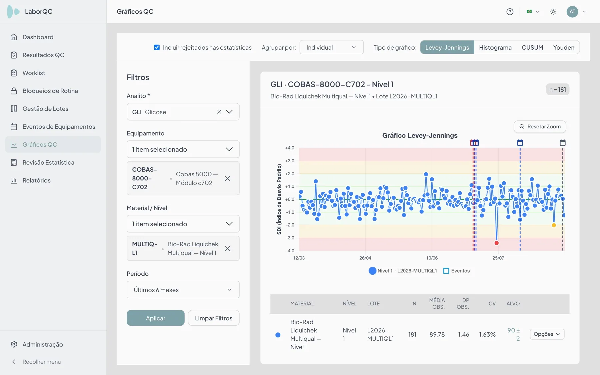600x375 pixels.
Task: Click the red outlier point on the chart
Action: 496,243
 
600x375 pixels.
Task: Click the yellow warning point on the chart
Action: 554,225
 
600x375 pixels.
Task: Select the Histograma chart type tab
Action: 495,47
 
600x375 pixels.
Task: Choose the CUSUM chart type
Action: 532,47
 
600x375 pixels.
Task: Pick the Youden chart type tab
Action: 564,47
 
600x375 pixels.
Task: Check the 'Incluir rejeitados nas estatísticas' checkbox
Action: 157,47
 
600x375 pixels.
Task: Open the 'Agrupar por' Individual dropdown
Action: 331,47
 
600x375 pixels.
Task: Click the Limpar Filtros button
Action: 214,318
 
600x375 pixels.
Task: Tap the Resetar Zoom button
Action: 540,127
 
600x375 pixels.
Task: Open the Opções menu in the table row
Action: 547,334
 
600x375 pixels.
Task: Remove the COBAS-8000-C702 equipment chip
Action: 227,178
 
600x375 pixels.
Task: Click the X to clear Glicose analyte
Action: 219,112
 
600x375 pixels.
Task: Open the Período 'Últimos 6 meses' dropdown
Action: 183,290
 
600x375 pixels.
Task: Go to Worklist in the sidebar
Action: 34,73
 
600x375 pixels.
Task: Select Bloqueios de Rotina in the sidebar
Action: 50,91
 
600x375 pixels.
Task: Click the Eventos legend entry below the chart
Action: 456,271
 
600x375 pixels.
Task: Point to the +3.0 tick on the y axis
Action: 290,161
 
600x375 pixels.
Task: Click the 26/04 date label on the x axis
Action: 365,258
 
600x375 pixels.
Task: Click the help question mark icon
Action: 510,12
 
